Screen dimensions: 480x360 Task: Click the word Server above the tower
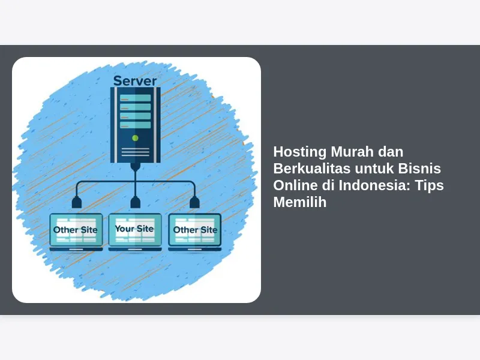135,81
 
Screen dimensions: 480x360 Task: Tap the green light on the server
135,138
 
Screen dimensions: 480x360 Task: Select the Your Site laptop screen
135,229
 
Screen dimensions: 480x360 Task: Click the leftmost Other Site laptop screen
76,230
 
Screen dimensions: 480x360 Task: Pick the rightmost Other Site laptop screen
194,230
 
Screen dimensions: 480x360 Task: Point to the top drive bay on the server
136,98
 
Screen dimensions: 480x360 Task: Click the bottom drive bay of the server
136,125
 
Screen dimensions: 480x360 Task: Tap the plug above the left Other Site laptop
77,202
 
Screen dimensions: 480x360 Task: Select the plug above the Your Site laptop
136,202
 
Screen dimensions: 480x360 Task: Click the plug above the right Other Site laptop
194,202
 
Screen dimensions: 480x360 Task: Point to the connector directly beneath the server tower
136,167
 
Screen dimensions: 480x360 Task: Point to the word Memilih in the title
299,202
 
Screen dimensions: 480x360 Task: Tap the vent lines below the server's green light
136,152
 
